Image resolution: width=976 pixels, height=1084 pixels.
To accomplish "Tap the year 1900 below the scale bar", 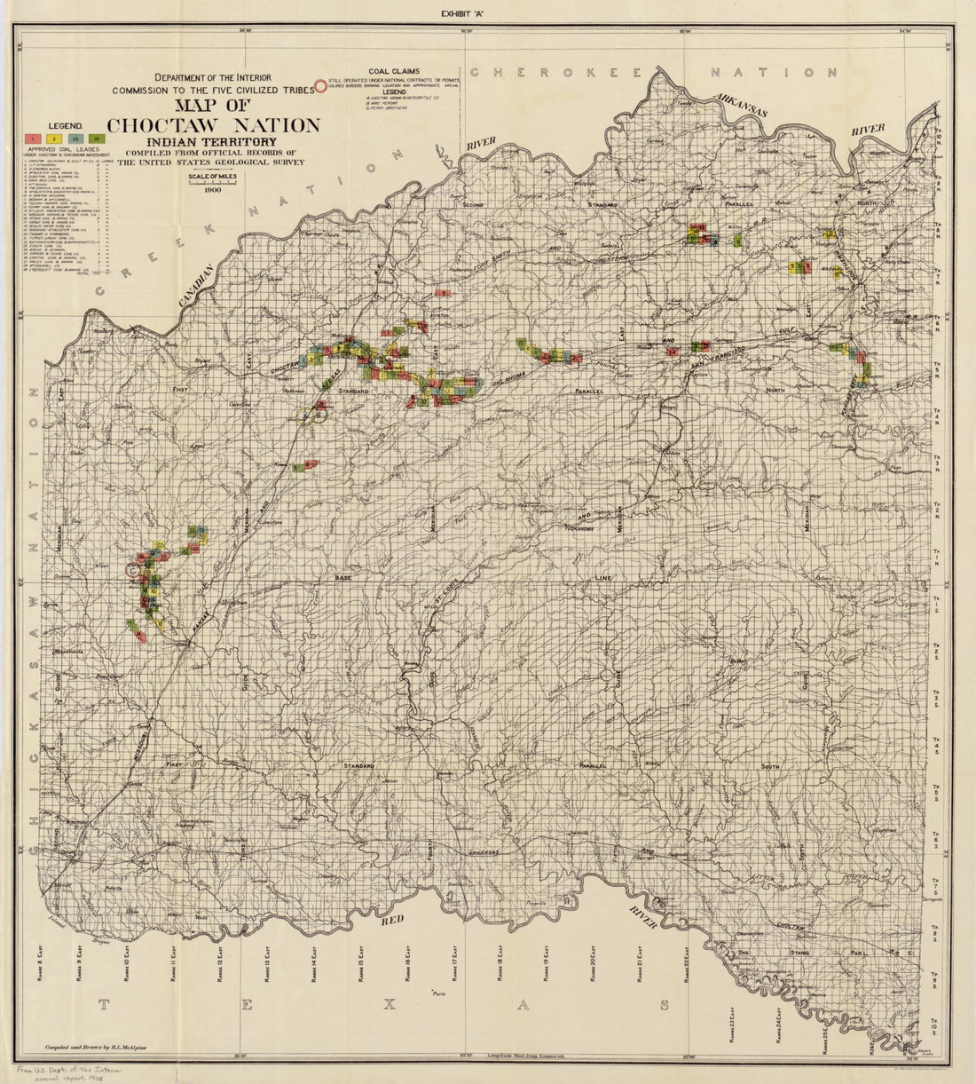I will (212, 189).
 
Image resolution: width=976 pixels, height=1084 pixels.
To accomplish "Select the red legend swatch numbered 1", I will (32, 138).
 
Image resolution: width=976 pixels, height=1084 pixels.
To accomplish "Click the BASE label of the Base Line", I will (343, 578).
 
